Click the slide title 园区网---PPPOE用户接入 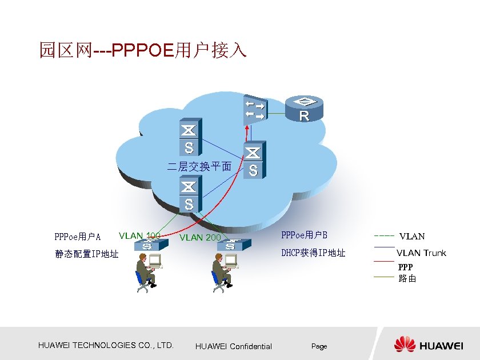[142, 50]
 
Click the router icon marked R [304, 109]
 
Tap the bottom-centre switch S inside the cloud [189, 194]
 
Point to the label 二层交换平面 [199, 167]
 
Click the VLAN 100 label [139, 235]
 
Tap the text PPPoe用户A [78, 237]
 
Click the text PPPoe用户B [305, 235]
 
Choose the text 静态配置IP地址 [87, 254]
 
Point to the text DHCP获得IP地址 [313, 253]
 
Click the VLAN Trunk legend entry [421, 253]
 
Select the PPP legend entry [406, 267]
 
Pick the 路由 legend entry [407, 279]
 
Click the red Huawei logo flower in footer [405, 344]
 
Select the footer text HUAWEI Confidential [234, 346]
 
